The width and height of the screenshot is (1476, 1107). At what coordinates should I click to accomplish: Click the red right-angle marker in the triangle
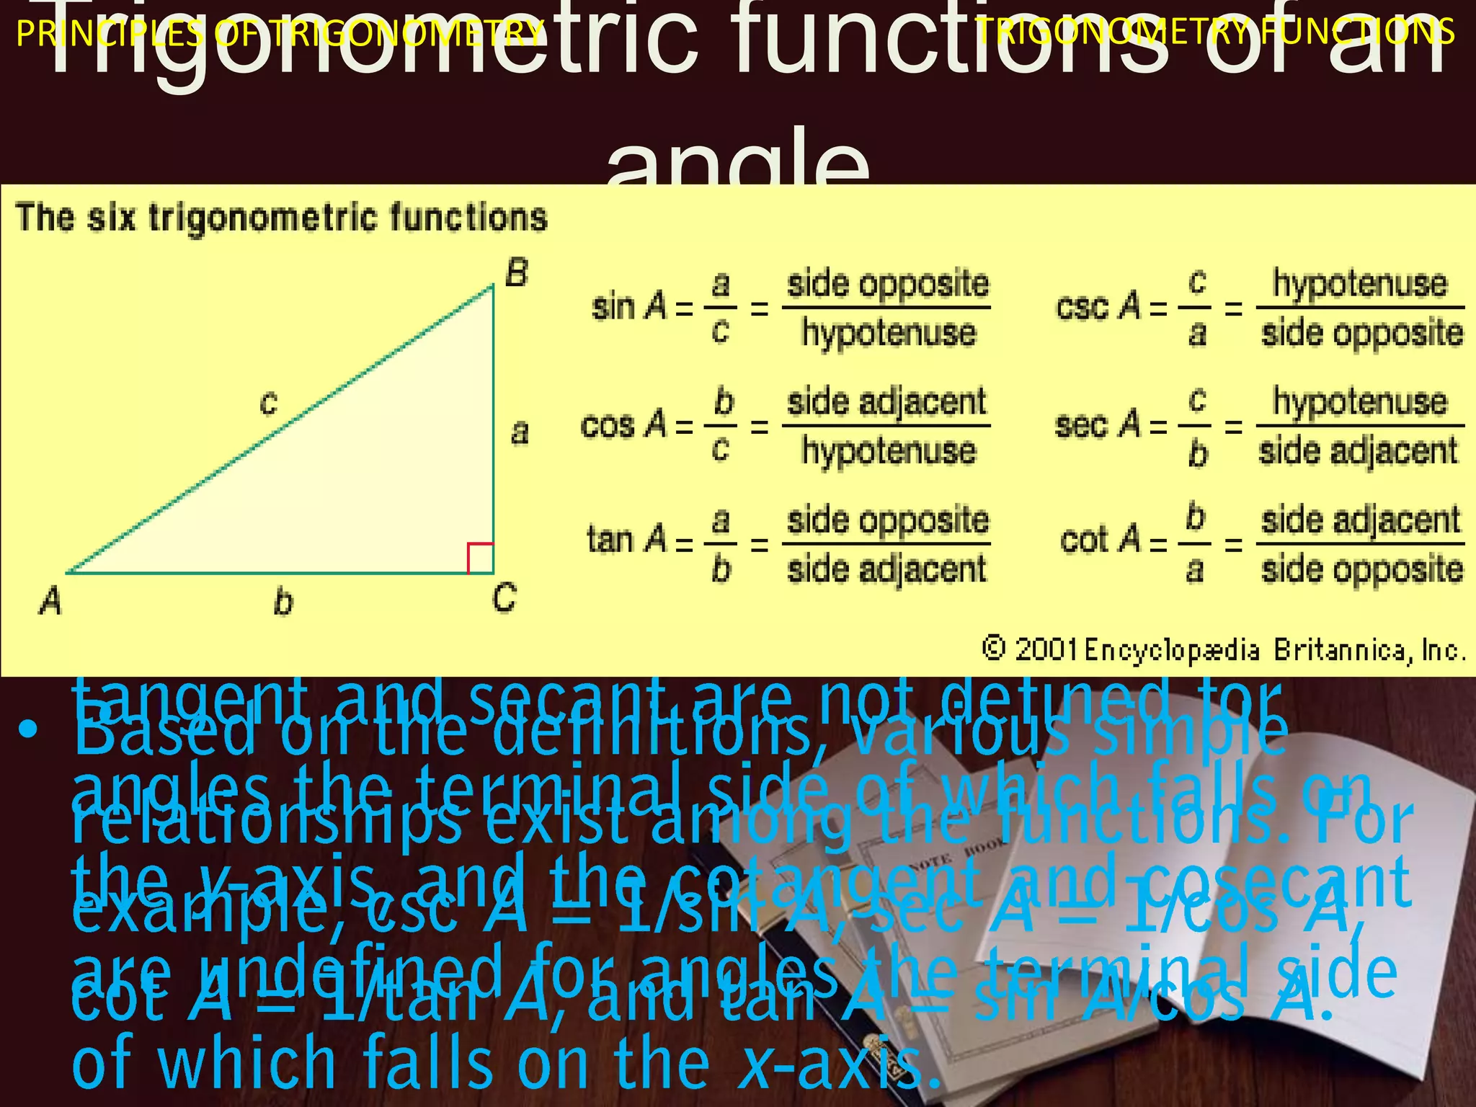pyautogui.click(x=481, y=558)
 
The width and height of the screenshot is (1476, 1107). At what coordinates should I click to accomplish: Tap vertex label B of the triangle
pyautogui.click(x=516, y=274)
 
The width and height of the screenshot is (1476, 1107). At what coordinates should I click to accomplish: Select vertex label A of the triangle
pyautogui.click(x=50, y=600)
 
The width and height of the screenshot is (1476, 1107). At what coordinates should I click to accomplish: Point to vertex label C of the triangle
pyautogui.click(x=504, y=598)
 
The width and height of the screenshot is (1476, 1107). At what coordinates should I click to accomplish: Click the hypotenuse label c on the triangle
pyautogui.click(x=269, y=402)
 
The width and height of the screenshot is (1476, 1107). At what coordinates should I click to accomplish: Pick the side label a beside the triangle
pyautogui.click(x=520, y=432)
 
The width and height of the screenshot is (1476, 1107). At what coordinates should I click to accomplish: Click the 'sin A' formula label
pyautogui.click(x=629, y=307)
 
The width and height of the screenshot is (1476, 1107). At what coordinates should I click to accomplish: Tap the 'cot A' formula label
pyautogui.click(x=1100, y=540)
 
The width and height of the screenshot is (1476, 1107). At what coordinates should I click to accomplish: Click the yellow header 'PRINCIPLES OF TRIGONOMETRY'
pyautogui.click(x=280, y=33)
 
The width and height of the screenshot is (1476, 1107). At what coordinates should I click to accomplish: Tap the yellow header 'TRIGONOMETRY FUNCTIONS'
pyautogui.click(x=1215, y=32)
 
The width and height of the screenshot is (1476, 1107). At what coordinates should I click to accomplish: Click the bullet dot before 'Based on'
pyautogui.click(x=29, y=730)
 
